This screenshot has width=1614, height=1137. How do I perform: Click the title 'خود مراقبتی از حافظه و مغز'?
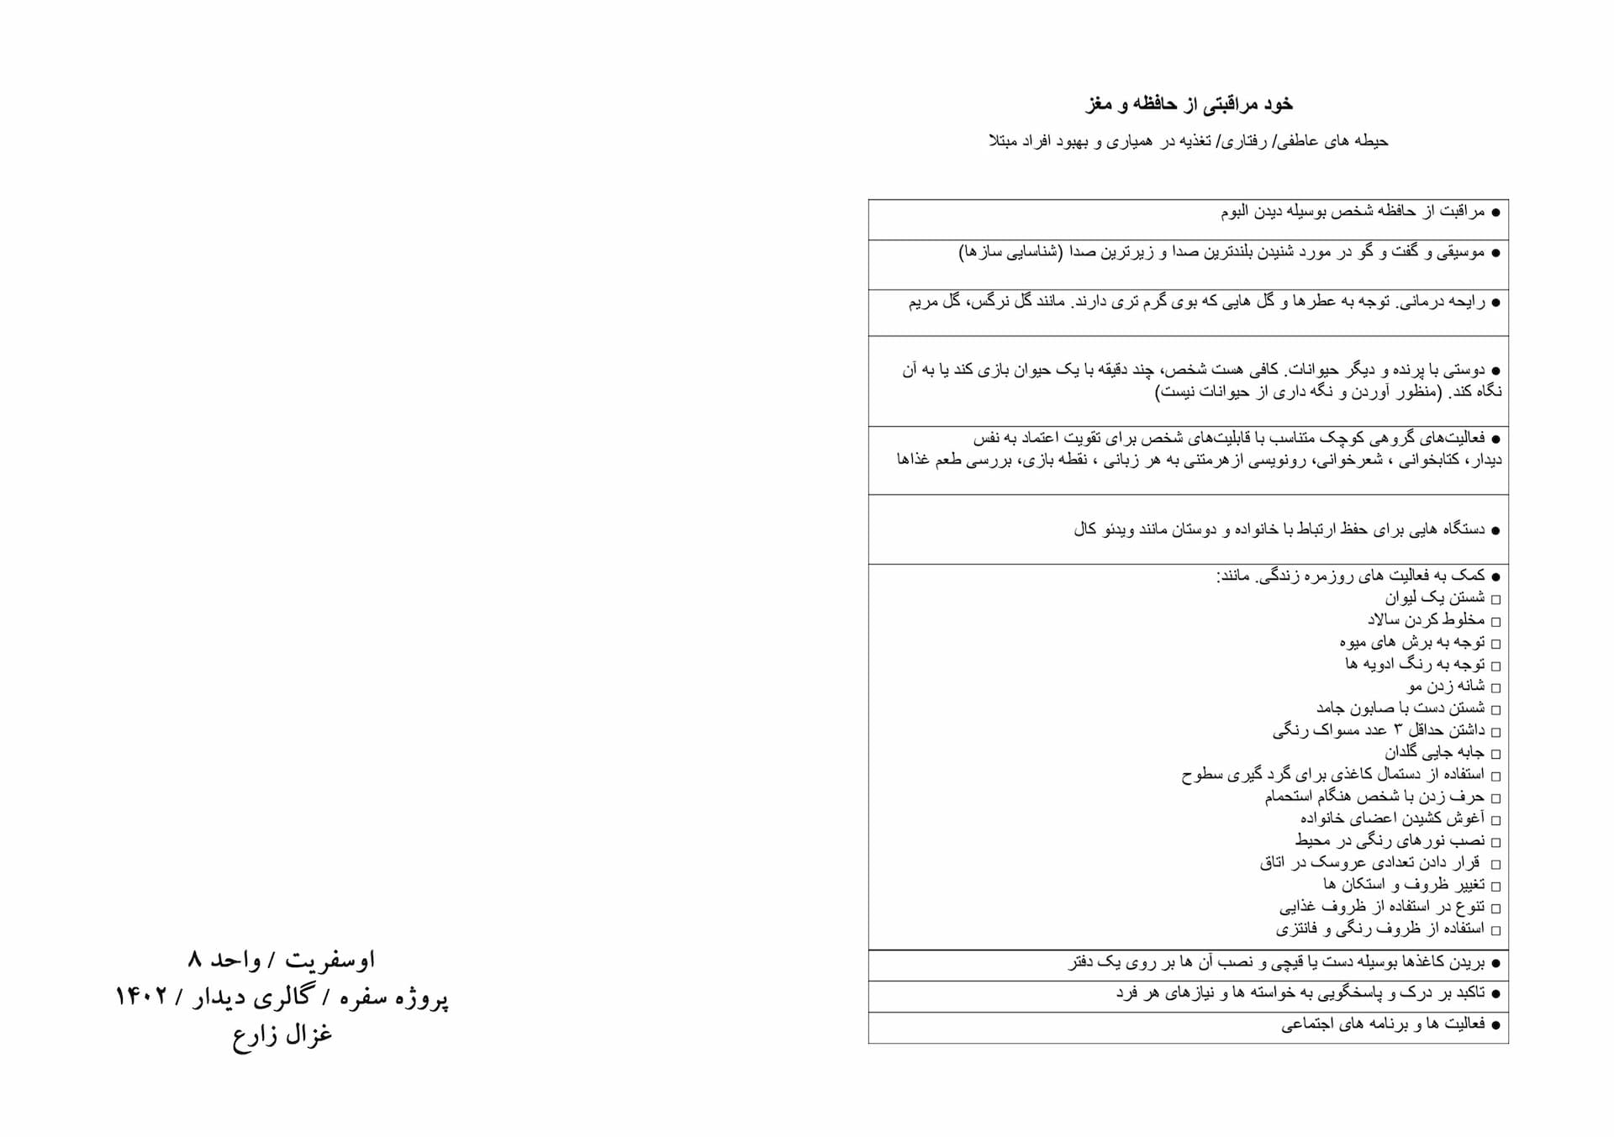(x=1189, y=105)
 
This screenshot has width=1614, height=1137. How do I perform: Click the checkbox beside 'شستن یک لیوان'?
(x=1495, y=599)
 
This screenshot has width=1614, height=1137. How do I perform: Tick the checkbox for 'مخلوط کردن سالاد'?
(x=1495, y=621)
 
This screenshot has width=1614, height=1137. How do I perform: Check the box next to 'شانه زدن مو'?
(x=1495, y=687)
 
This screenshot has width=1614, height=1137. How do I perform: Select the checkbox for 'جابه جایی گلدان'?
(x=1495, y=754)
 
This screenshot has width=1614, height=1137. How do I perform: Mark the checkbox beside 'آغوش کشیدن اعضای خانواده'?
(x=1495, y=819)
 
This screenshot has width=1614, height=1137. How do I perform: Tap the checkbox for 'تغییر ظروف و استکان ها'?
(x=1495, y=886)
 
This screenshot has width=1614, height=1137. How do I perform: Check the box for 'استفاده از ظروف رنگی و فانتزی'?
(x=1495, y=930)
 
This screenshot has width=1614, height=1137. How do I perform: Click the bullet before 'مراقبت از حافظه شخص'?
(x=1495, y=213)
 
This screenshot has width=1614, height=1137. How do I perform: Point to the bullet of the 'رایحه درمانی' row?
(x=1495, y=303)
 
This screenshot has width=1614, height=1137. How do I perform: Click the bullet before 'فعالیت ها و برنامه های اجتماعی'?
(x=1495, y=1025)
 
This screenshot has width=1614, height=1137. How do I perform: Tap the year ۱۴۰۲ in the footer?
(x=144, y=997)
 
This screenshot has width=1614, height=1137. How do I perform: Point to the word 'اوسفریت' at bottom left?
(x=330, y=959)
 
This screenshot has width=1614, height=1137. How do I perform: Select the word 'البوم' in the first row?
(x=1240, y=212)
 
